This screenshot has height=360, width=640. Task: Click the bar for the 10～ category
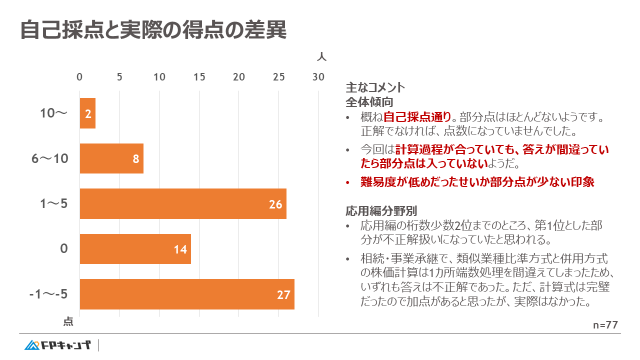click(87, 113)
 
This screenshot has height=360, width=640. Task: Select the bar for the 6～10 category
click(111, 158)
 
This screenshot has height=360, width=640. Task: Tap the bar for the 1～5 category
click(183, 204)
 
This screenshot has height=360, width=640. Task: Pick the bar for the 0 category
click(135, 249)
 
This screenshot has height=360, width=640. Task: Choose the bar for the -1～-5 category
click(187, 294)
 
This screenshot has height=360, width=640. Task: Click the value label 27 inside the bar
click(283, 295)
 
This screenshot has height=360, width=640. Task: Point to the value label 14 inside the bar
click(180, 249)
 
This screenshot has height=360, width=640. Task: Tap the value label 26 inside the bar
click(275, 204)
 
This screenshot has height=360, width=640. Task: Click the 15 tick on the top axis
click(199, 77)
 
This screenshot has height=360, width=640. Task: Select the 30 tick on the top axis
click(318, 77)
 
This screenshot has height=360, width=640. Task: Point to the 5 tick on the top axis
click(119, 77)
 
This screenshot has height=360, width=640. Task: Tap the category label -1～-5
click(48, 294)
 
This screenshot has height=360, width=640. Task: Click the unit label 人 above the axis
click(321, 56)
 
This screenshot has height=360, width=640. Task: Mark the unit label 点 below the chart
click(68, 321)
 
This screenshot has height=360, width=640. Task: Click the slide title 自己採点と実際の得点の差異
click(153, 30)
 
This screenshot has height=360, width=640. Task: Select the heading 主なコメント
click(375, 87)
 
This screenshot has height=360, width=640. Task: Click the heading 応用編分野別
click(381, 210)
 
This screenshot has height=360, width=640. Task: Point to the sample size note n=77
click(605, 325)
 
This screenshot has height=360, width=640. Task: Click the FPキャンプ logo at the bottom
click(57, 345)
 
